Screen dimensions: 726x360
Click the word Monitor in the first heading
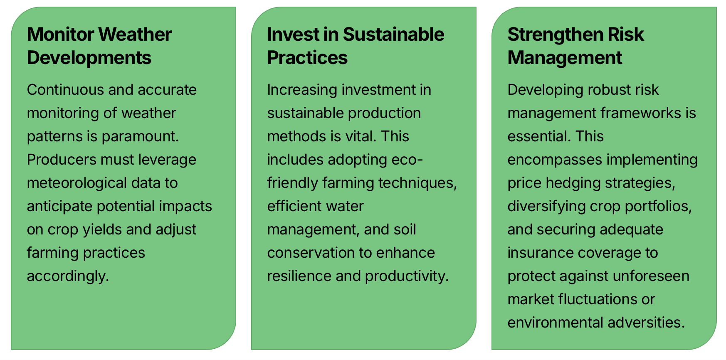[61, 35]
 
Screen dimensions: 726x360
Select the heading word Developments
[89, 58]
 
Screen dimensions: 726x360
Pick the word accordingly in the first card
[68, 276]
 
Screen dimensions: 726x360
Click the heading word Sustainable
[393, 35]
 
